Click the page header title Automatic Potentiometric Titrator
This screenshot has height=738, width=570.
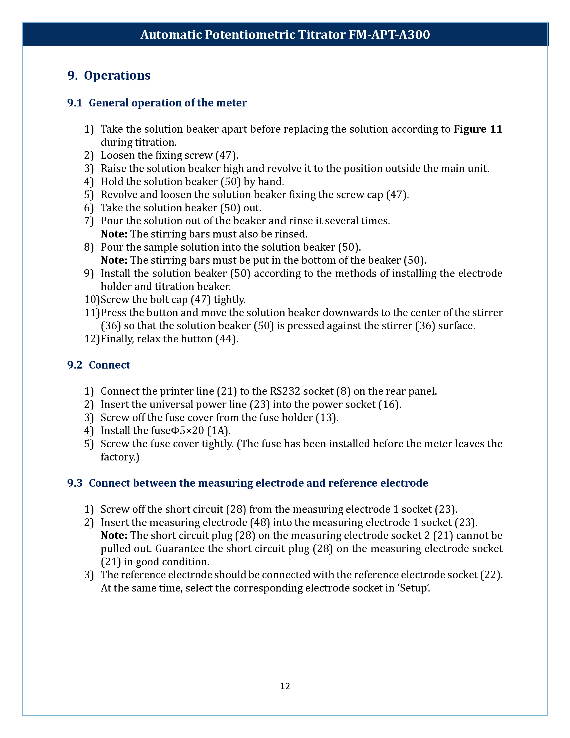pyautogui.click(x=285, y=34)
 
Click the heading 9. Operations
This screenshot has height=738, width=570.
pyautogui.click(x=109, y=75)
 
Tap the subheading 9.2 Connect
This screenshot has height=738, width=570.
pyautogui.click(x=99, y=365)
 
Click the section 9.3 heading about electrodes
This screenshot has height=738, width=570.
pyautogui.click(x=247, y=483)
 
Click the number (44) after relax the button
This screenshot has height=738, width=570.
pyautogui.click(x=227, y=339)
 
